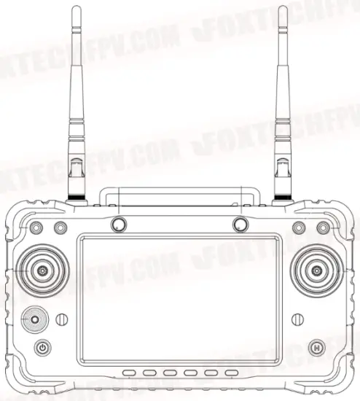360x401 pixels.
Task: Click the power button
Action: (43, 348)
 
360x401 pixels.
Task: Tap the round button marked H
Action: (316, 347)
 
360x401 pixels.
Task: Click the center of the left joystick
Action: (43, 270)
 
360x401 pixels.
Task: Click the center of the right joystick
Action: (316, 270)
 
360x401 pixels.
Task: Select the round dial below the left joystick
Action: (34, 319)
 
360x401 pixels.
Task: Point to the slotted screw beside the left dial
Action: (62, 319)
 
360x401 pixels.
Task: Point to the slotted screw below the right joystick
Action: (297, 319)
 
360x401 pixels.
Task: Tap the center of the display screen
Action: (179, 299)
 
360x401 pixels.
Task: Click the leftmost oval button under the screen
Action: (130, 374)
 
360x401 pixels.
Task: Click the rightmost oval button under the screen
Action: (232, 374)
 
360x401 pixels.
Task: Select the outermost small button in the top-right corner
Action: (322, 228)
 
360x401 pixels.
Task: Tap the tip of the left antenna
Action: (77, 9)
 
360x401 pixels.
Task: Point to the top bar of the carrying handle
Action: (179, 191)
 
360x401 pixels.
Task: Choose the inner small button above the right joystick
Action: (298, 228)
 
